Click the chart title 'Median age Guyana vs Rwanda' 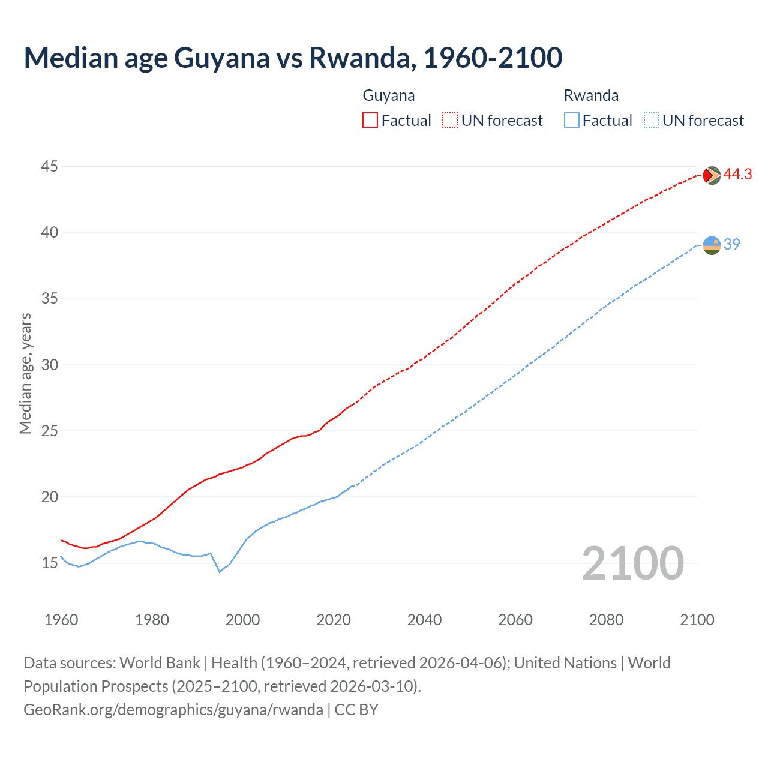tap(293, 58)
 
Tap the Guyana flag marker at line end tap(712, 175)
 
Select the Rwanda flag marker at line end tap(712, 245)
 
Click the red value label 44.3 tap(737, 175)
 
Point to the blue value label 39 tap(732, 244)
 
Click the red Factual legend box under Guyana tap(370, 121)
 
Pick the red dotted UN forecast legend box tap(450, 121)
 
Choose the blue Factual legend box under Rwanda tap(572, 121)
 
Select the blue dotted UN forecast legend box tap(652, 121)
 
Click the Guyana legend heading tap(389, 95)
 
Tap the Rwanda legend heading tap(591, 95)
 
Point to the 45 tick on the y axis tap(49, 166)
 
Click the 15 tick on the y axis tap(49, 563)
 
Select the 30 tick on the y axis tap(49, 365)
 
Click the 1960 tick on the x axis tap(61, 620)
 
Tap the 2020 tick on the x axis tap(334, 620)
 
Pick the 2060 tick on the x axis tap(515, 620)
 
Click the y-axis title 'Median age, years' tap(25, 373)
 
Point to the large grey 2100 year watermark tap(632, 563)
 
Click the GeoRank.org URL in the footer tap(173, 710)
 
